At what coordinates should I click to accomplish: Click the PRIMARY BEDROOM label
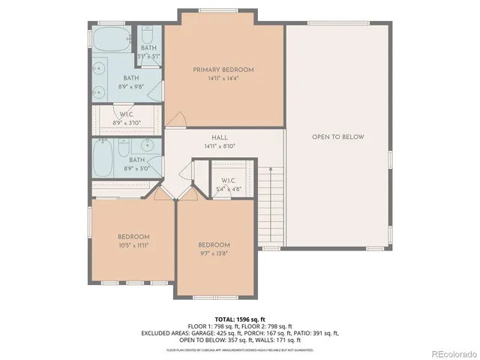[223, 70]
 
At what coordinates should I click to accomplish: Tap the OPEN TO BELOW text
[338, 137]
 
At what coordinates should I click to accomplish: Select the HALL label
[219, 138]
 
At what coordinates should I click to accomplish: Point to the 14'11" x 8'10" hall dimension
[219, 146]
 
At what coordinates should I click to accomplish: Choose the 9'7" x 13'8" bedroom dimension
[214, 253]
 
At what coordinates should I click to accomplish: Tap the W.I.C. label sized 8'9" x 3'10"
[127, 115]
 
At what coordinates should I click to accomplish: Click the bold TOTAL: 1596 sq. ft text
[239, 319]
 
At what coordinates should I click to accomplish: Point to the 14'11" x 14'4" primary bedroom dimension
[223, 78]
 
